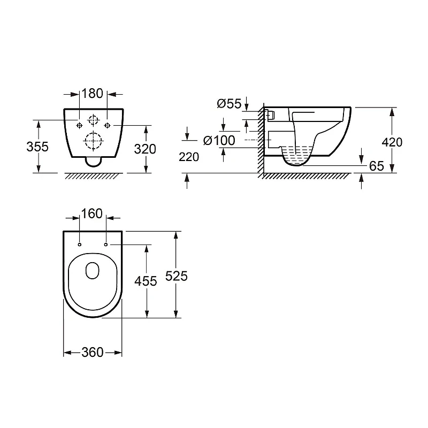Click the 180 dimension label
click(x=92, y=94)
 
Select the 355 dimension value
click(x=37, y=147)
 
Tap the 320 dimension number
click(x=145, y=149)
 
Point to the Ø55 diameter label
click(x=230, y=104)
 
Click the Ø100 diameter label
click(x=219, y=141)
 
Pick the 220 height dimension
click(x=189, y=157)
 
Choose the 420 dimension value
click(x=392, y=142)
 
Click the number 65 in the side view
click(x=377, y=166)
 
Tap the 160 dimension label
click(x=91, y=213)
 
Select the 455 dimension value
click(x=146, y=281)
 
